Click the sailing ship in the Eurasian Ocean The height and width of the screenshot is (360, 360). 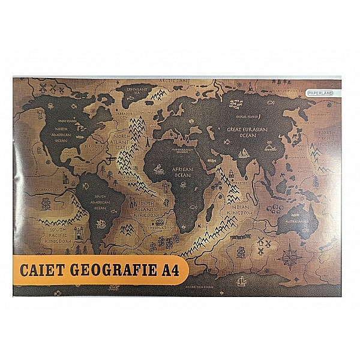tap(245, 154)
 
